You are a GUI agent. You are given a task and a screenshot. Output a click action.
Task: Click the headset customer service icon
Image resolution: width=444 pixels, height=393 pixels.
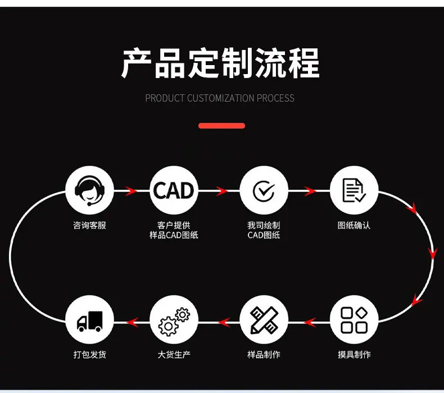tap(89, 191)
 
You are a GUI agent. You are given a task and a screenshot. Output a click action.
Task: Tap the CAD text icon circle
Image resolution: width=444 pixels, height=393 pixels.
tap(174, 190)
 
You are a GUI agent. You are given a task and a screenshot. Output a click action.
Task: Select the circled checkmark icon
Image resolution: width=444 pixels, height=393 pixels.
tap(264, 191)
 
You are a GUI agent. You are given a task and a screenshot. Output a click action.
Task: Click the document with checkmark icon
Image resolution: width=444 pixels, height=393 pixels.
tap(354, 190)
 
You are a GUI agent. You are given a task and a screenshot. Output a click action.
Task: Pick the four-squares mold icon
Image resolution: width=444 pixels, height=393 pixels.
tap(354, 320)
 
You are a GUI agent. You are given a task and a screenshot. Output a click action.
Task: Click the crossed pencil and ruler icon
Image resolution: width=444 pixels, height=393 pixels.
tap(264, 320)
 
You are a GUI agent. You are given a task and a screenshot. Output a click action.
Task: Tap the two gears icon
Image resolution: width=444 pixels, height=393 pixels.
tap(174, 321)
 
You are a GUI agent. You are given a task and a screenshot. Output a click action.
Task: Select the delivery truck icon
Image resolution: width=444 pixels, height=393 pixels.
tap(89, 321)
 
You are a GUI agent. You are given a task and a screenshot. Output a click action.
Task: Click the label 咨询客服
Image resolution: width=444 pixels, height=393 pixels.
tap(89, 226)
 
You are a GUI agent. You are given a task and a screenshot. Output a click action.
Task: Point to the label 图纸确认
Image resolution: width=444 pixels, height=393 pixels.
tap(354, 226)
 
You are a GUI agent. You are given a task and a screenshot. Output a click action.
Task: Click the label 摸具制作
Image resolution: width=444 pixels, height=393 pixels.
tap(354, 354)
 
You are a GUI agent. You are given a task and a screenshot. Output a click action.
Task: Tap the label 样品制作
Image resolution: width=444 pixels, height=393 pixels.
tap(264, 354)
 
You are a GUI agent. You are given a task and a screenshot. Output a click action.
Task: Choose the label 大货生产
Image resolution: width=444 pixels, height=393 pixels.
tap(174, 354)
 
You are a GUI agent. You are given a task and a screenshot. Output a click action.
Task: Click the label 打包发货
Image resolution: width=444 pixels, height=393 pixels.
tap(90, 354)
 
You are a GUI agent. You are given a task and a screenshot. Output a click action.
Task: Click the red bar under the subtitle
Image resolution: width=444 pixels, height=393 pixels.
tap(221, 126)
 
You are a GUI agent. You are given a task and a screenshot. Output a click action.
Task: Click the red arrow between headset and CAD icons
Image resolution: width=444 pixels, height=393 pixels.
tap(131, 191)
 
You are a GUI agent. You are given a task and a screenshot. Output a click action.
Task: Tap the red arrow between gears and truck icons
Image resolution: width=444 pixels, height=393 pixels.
tap(132, 322)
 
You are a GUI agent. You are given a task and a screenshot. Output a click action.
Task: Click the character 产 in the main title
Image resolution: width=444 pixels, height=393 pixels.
tap(137, 63)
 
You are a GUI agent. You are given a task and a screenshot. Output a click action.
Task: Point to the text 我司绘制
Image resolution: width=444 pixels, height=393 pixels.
tap(264, 225)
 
